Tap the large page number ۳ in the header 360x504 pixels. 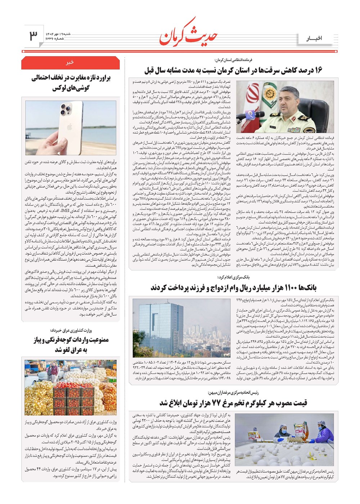pos(33,36)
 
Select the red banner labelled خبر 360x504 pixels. pos(70,63)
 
